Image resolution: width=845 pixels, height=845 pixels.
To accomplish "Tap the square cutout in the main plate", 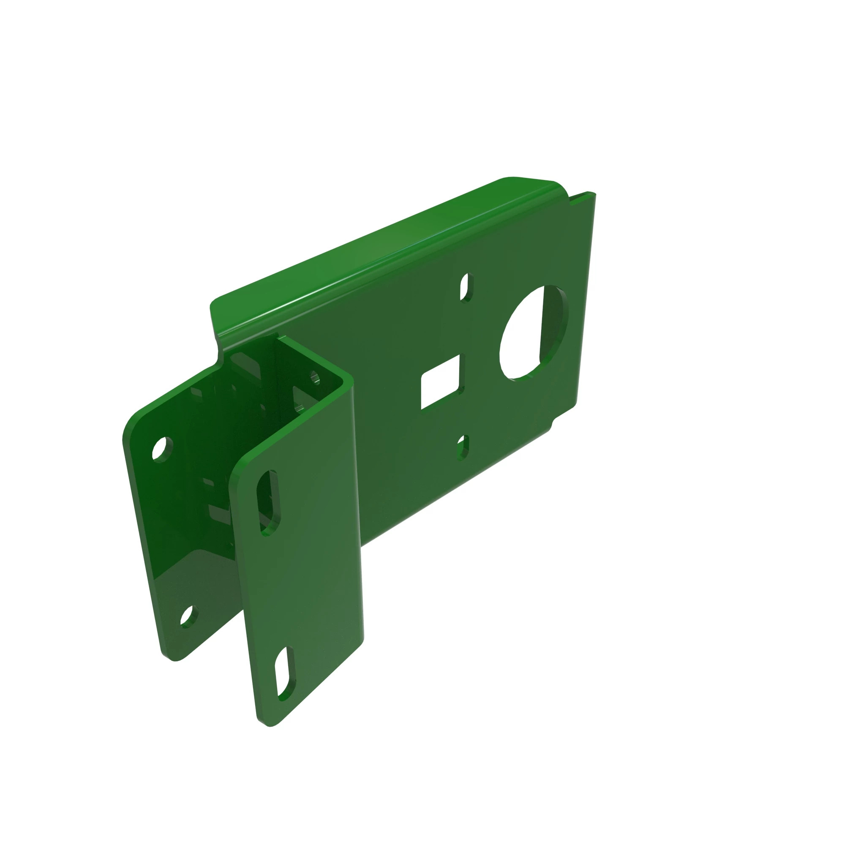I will [439, 382].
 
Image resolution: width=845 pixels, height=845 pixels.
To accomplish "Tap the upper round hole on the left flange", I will [162, 449].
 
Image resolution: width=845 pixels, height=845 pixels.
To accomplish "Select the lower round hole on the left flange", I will [188, 617].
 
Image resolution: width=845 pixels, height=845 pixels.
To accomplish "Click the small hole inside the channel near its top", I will [314, 376].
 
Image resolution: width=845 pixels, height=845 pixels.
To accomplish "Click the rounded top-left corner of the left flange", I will [131, 422].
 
